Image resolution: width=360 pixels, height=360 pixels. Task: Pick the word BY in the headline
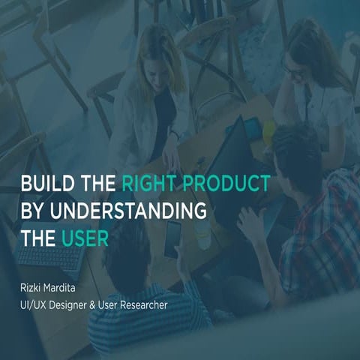pos(33,211)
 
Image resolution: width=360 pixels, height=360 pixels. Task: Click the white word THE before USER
pos(37,238)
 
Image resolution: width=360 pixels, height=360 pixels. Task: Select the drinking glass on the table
pos(202,235)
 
